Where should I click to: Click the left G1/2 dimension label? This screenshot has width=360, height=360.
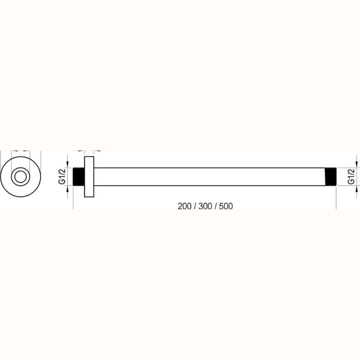[62, 176]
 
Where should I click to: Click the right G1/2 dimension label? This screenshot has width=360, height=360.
[351, 176]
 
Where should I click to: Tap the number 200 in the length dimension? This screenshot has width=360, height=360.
[184, 206]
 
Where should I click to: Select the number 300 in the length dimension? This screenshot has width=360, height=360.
[205, 206]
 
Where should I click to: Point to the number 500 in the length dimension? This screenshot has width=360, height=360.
[226, 206]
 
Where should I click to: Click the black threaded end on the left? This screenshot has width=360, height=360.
[79, 176]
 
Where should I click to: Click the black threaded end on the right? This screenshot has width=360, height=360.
[331, 176]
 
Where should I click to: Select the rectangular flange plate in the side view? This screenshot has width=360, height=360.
[89, 176]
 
